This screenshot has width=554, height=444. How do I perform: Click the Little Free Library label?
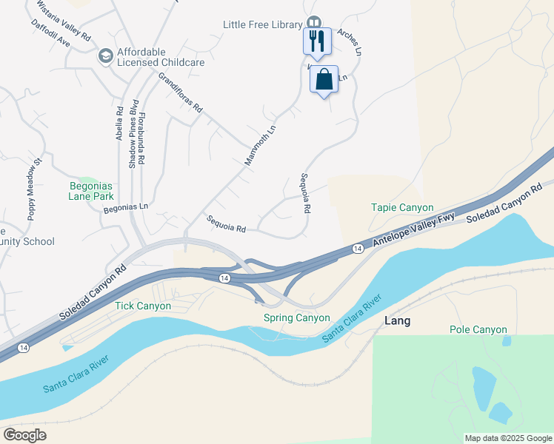[263, 24]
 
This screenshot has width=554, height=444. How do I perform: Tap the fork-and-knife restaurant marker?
[317, 41]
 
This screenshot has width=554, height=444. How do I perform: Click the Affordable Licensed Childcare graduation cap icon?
[105, 55]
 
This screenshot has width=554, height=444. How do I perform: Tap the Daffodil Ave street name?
[50, 33]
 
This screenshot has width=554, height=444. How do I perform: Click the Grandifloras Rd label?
[180, 91]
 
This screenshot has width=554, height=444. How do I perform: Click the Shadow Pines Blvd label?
[133, 133]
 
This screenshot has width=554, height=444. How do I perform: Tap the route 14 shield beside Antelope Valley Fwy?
[357, 249]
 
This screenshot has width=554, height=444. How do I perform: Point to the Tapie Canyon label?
[402, 208]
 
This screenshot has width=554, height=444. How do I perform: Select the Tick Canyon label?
[143, 306]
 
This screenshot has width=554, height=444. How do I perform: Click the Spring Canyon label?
[297, 318]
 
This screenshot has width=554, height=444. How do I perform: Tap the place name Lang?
[398, 321]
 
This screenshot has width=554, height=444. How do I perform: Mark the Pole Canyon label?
[478, 329]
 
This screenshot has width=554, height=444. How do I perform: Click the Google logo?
[24, 435]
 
